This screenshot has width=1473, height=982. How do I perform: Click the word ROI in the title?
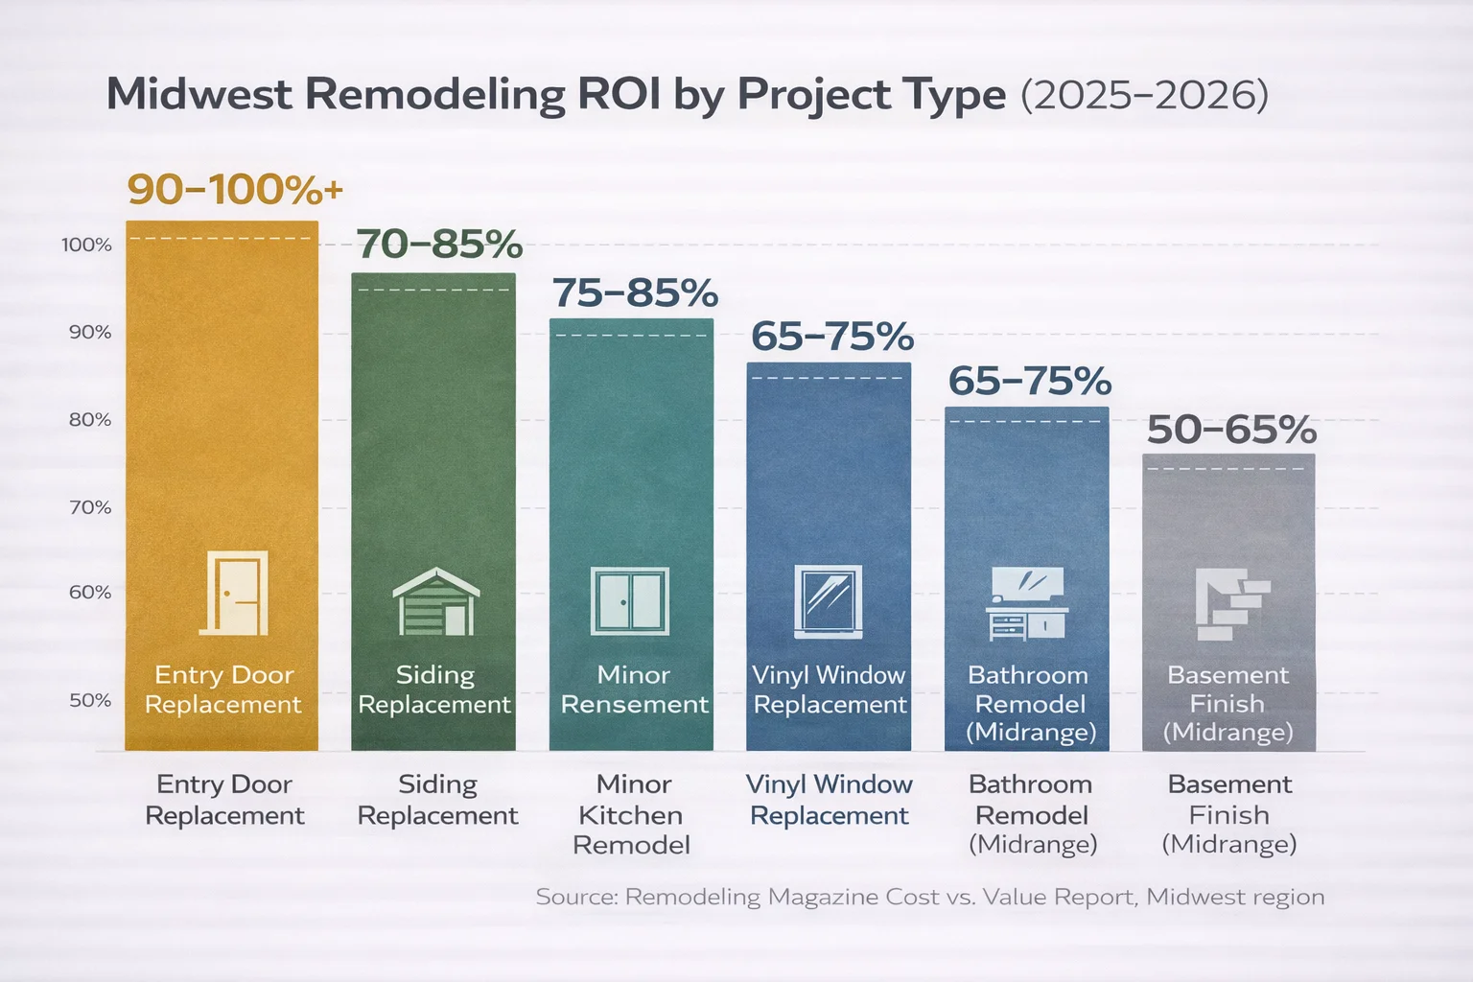point(620,95)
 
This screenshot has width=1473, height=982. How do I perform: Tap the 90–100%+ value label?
point(235,189)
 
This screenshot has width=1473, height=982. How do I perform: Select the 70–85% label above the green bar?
point(439,245)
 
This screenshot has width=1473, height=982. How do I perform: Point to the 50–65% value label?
point(1231,430)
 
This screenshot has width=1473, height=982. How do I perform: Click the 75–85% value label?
point(635,293)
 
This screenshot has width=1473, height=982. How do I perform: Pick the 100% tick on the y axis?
point(87,245)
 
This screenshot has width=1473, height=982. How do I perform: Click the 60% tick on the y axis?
point(90,592)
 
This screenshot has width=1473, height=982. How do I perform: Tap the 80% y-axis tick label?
point(90,419)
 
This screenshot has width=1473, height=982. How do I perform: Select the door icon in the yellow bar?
point(234,593)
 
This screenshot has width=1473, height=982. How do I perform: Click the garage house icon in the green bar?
point(435,601)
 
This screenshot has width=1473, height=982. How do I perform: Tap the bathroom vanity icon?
point(1027,603)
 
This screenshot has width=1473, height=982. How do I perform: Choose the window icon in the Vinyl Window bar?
point(829,601)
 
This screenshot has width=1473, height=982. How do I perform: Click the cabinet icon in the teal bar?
point(630,601)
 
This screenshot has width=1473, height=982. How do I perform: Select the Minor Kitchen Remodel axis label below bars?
point(632,814)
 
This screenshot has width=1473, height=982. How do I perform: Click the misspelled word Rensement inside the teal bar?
point(634,705)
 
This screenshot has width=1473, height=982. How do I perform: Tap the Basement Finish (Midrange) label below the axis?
point(1229,814)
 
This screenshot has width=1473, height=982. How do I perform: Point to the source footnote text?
point(929,898)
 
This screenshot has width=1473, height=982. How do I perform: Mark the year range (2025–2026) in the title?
point(1144,95)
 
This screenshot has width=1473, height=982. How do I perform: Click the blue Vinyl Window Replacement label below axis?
point(829,800)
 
